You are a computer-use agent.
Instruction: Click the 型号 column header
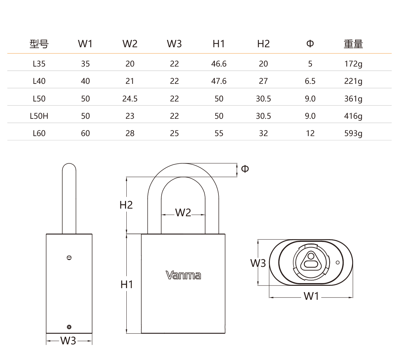click(39, 44)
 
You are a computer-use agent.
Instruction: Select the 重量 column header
click(353, 44)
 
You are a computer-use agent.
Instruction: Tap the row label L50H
click(39, 116)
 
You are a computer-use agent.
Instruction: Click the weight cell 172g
click(353, 64)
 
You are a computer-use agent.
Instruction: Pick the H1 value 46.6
click(219, 64)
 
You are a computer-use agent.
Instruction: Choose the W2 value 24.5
click(130, 99)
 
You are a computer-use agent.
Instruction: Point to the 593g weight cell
click(353, 133)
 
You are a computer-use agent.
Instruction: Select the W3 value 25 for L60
click(174, 133)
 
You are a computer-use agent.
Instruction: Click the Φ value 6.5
click(310, 81)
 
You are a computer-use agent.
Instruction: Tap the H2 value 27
click(263, 81)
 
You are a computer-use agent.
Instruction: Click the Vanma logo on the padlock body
click(183, 275)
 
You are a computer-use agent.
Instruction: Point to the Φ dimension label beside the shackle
click(245, 169)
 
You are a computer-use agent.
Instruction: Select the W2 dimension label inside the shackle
click(183, 213)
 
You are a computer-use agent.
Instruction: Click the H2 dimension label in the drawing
click(126, 205)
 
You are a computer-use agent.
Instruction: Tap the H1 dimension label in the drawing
click(127, 284)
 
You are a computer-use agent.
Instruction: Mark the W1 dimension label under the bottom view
click(311, 296)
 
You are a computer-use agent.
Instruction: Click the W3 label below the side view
click(68, 341)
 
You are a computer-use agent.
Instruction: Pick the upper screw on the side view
click(69, 258)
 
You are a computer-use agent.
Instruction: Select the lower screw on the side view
click(69, 327)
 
